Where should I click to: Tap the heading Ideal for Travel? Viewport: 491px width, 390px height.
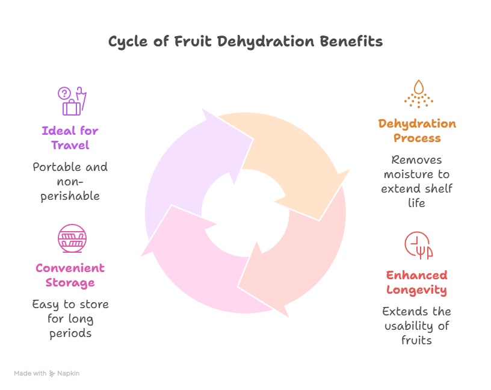(70, 138)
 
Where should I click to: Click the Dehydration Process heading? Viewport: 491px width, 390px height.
(417, 131)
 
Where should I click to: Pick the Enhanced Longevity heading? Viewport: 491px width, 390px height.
(416, 282)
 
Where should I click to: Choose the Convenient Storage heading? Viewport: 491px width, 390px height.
(70, 275)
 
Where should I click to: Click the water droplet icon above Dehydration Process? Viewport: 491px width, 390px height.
(418, 93)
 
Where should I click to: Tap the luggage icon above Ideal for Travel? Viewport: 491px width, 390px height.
(72, 101)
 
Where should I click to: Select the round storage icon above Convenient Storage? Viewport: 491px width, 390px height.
(72, 238)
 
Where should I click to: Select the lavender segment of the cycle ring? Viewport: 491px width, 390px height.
(187, 175)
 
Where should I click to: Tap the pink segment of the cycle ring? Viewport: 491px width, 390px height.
(199, 265)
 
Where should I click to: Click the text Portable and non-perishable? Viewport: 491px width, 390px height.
(70, 182)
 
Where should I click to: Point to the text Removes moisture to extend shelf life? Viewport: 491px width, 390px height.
(416, 182)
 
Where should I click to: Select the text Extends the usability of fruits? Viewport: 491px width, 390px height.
(416, 326)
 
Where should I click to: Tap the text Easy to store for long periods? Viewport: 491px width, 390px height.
(70, 318)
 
